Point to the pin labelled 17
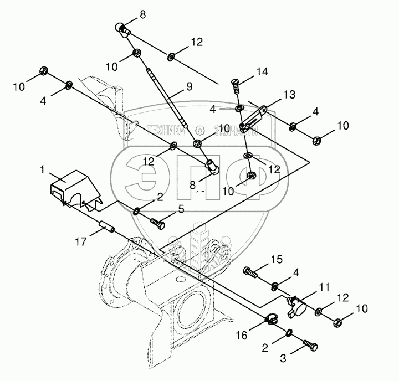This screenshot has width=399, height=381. (x=106, y=226)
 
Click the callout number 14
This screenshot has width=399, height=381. (x=262, y=71)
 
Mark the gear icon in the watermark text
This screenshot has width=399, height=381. (x=201, y=131)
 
